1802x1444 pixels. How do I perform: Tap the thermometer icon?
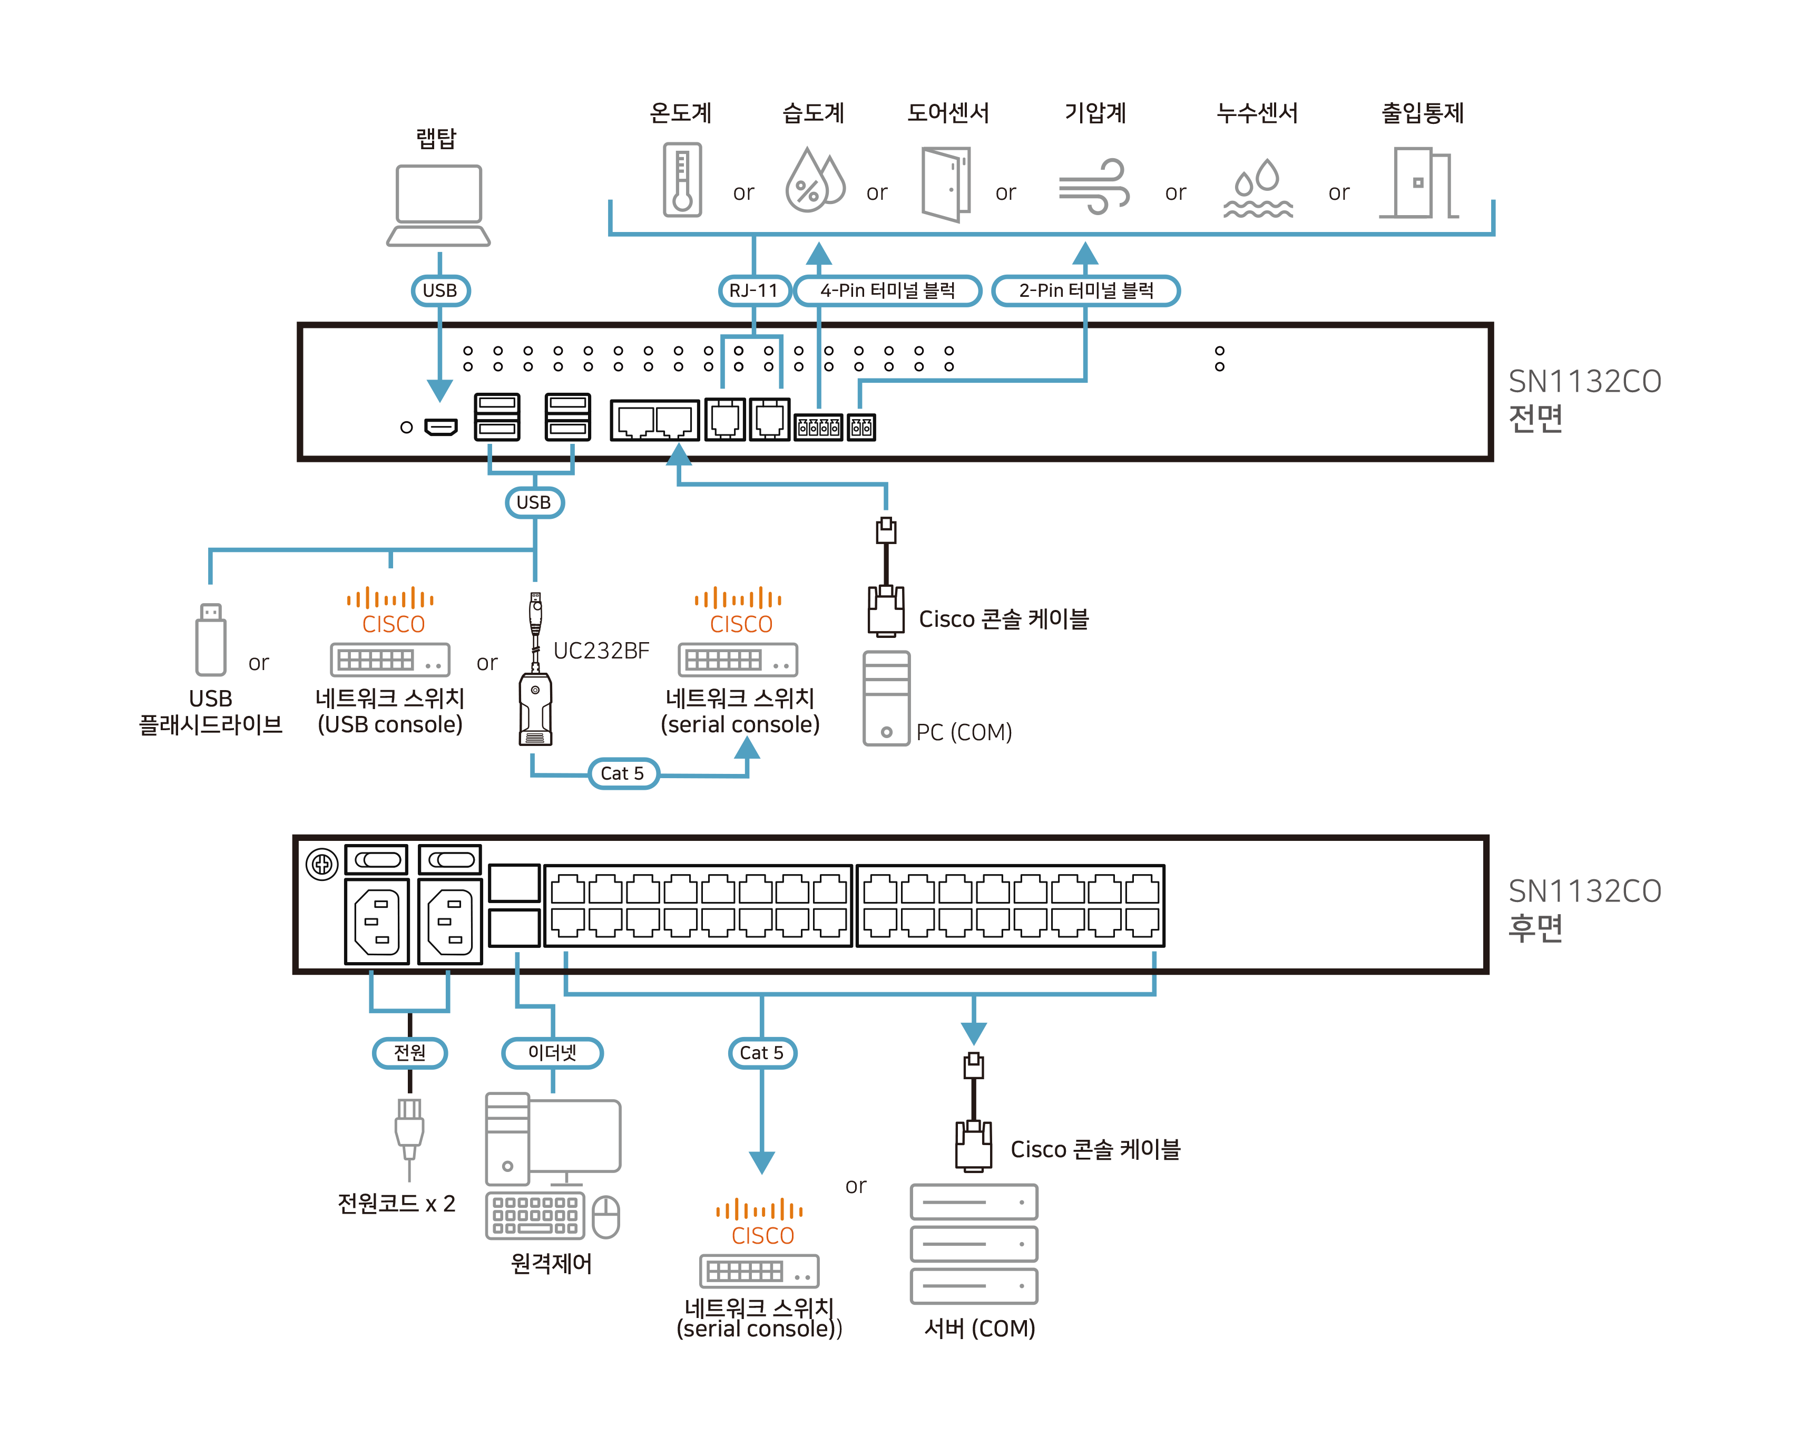tap(682, 180)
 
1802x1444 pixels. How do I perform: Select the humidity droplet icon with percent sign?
tap(813, 181)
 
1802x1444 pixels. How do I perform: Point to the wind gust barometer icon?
tap(1094, 186)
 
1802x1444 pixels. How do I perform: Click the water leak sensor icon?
tap(1258, 188)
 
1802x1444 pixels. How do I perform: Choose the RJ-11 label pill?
tap(754, 290)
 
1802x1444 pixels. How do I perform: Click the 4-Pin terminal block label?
tap(888, 290)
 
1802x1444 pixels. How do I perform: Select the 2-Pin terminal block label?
tap(1086, 290)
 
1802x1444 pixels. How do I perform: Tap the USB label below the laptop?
tap(439, 290)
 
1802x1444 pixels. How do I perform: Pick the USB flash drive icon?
tap(211, 639)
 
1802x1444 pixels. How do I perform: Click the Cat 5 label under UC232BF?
tap(623, 773)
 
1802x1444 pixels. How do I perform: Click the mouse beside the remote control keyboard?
tap(606, 1217)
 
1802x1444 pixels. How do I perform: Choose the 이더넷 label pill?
tap(553, 1053)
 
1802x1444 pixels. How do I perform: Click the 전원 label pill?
tap(409, 1053)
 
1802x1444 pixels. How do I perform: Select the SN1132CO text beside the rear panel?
tap(1584, 891)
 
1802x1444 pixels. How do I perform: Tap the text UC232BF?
tap(601, 651)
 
